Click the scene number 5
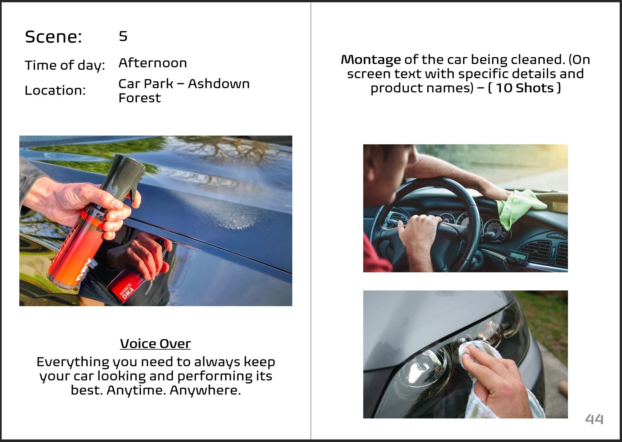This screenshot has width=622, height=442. pyautogui.click(x=123, y=36)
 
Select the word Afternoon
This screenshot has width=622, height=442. pyautogui.click(x=153, y=63)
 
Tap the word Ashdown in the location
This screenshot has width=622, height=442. pyautogui.click(x=219, y=84)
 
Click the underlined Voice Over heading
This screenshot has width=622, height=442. pyautogui.click(x=155, y=344)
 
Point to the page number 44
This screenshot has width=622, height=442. pyautogui.click(x=594, y=419)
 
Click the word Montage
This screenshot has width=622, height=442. pyautogui.click(x=371, y=60)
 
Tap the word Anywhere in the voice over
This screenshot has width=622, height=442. pyautogui.click(x=205, y=390)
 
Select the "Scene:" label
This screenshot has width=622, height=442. pyautogui.click(x=53, y=37)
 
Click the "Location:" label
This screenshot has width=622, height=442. pyautogui.click(x=55, y=90)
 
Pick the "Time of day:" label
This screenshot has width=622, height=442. pyautogui.click(x=65, y=66)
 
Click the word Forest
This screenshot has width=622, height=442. pyautogui.click(x=140, y=98)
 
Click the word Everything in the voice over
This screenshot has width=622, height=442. pyautogui.click(x=73, y=362)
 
